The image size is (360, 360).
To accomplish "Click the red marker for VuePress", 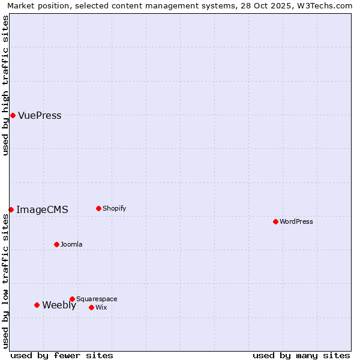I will point(13,115).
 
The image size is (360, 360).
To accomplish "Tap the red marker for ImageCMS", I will point(11,209).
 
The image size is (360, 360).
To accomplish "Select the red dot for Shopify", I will point(98,208).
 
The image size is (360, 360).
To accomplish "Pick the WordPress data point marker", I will point(275,221).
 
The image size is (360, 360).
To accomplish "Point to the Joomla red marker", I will point(56,244).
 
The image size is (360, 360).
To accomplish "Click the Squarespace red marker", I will point(72,299).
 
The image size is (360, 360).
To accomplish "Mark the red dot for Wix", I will point(91,307).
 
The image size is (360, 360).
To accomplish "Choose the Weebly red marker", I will point(37,305).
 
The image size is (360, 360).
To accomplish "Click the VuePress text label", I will point(40,116).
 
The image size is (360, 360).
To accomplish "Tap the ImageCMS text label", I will point(42,210).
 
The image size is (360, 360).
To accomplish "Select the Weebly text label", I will point(59,305).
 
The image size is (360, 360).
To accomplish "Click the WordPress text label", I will point(296,222).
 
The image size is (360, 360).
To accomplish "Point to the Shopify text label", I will point(115,209).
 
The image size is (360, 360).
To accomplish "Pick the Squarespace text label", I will point(97,299).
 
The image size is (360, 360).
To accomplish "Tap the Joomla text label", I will point(71,245).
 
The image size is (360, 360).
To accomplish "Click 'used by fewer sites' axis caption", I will point(62,356).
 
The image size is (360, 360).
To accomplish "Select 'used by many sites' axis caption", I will point(301,356).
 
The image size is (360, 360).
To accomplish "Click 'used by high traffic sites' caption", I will point(5,85).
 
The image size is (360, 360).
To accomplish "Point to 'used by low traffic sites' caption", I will point(5,281).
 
